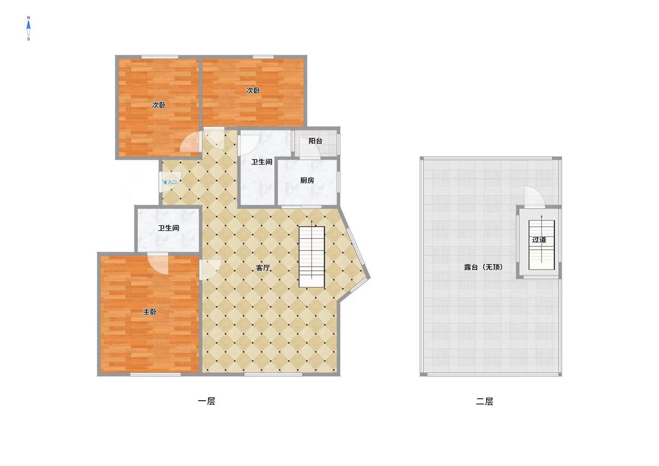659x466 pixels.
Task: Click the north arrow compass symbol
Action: (x=29, y=29)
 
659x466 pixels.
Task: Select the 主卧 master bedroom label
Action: (x=150, y=312)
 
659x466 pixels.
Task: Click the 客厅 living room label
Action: (x=263, y=267)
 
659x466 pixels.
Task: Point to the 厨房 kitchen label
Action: (x=307, y=181)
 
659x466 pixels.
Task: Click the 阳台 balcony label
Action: (x=315, y=141)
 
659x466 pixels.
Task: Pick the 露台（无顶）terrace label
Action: (x=483, y=267)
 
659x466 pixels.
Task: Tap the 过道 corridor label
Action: (x=539, y=240)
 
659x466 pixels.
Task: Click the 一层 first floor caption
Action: (x=206, y=401)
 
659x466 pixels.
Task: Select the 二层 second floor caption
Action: (x=484, y=401)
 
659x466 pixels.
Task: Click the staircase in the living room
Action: (x=312, y=257)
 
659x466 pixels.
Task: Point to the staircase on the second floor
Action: (x=542, y=245)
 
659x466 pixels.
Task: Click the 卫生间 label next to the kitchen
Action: (x=261, y=162)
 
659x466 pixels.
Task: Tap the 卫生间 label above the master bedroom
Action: (x=168, y=228)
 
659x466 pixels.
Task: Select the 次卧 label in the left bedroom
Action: (x=158, y=105)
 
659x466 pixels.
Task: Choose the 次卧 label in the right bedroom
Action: (x=253, y=90)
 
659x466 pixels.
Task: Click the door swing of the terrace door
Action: (x=534, y=196)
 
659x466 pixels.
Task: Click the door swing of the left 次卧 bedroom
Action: (x=190, y=142)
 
